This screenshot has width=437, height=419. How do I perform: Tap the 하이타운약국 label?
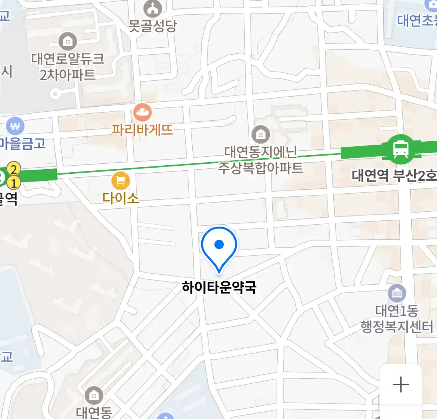pyautogui.click(x=219, y=287)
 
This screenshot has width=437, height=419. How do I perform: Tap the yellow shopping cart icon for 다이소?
pyautogui.click(x=120, y=181)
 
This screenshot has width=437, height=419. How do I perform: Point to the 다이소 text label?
pyautogui.click(x=120, y=198)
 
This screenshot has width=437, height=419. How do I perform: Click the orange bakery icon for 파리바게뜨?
pyautogui.click(x=143, y=113)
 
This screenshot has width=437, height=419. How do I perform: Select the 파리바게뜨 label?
pyautogui.click(x=143, y=130)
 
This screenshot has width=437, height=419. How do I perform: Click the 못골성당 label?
pyautogui.click(x=153, y=26)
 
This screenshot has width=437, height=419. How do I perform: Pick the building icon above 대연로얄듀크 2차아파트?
pyautogui.click(x=68, y=41)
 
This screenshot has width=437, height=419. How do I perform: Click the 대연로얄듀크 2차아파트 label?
pyautogui.click(x=68, y=67)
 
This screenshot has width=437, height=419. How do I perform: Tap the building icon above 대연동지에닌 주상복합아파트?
pyautogui.click(x=261, y=135)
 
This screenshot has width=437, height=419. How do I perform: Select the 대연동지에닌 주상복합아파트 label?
pyautogui.click(x=261, y=160)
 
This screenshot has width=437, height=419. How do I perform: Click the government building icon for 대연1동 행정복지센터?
pyautogui.click(x=397, y=293)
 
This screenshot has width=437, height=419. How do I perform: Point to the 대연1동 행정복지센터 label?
pyautogui.click(x=397, y=319)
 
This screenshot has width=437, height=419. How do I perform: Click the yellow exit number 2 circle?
pyautogui.click(x=14, y=169)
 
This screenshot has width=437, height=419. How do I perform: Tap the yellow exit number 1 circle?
pyautogui.click(x=14, y=182)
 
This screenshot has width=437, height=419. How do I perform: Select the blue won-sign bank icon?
pyautogui.click(x=15, y=126)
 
